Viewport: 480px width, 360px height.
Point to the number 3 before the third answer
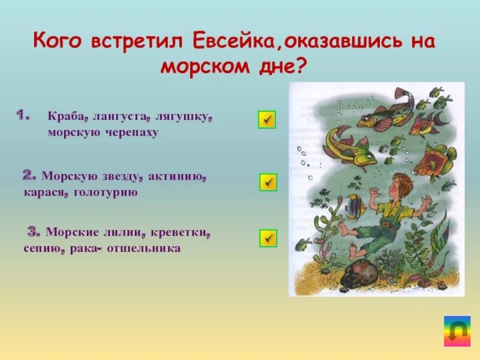coord(34,231)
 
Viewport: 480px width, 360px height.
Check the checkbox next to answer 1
coord(267,119)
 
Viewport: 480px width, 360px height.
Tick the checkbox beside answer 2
coord(268,182)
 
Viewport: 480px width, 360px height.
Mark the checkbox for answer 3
coord(268,238)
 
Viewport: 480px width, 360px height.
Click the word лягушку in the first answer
coord(187,118)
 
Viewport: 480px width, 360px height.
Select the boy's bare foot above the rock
coord(344,228)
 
